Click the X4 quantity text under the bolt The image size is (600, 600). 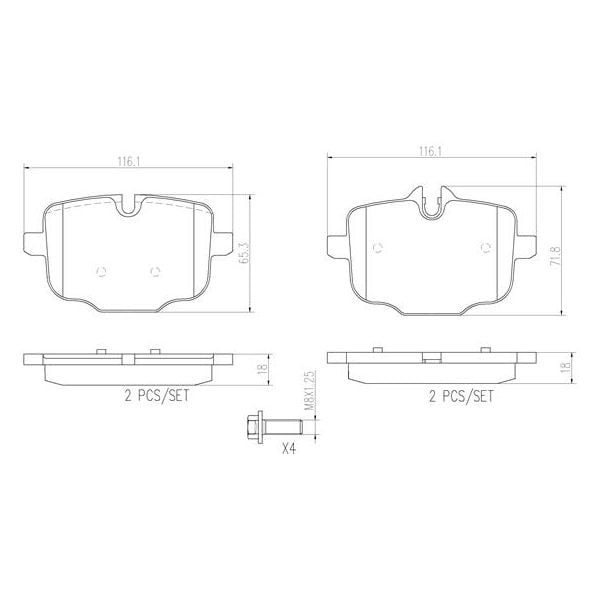click(x=289, y=450)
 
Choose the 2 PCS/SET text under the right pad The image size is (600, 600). click(x=461, y=396)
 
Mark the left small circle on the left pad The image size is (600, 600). click(x=99, y=269)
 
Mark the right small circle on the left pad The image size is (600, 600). click(x=153, y=269)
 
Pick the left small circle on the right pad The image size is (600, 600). click(x=377, y=247)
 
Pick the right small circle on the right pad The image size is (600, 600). click(x=485, y=247)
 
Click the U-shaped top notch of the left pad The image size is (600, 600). click(x=127, y=207)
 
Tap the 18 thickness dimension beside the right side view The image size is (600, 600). click(x=566, y=368)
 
